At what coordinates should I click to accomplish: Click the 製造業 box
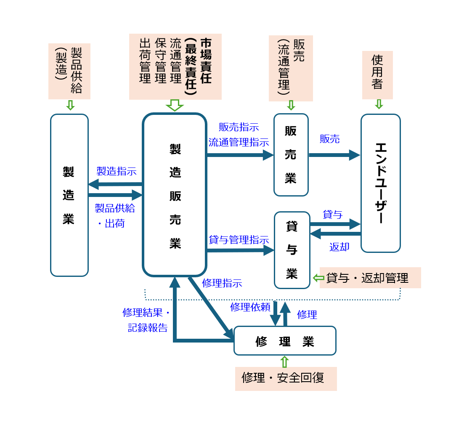click(69, 195)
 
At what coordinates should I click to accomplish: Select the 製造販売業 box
click(175, 195)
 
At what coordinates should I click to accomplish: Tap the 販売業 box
click(291, 155)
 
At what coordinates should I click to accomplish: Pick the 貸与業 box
click(292, 250)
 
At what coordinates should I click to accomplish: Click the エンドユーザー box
click(380, 183)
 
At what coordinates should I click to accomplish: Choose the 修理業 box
click(285, 341)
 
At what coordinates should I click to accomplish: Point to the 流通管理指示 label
click(239, 142)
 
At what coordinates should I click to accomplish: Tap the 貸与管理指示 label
click(239, 240)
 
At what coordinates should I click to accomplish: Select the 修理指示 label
click(222, 283)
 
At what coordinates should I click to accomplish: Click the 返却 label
click(339, 247)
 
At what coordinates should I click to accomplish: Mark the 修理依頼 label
click(250, 307)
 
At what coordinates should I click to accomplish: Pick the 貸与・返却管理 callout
click(370, 278)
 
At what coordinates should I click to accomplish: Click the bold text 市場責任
click(206, 61)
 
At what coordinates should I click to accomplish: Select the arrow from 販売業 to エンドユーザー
click(334, 155)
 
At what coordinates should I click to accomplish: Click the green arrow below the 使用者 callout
click(379, 104)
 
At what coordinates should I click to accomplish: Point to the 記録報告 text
click(148, 328)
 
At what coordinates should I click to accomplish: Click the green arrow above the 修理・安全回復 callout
click(284, 361)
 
